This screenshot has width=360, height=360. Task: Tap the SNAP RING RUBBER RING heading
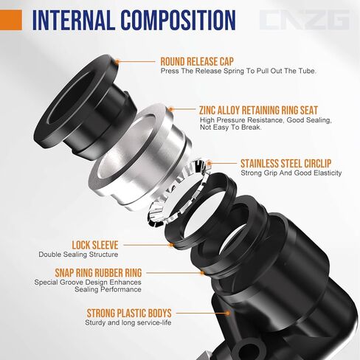88,272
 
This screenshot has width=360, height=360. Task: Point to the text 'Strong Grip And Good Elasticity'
291,173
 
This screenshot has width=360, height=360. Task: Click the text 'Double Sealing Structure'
79,255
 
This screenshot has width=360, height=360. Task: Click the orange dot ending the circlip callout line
209,162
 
